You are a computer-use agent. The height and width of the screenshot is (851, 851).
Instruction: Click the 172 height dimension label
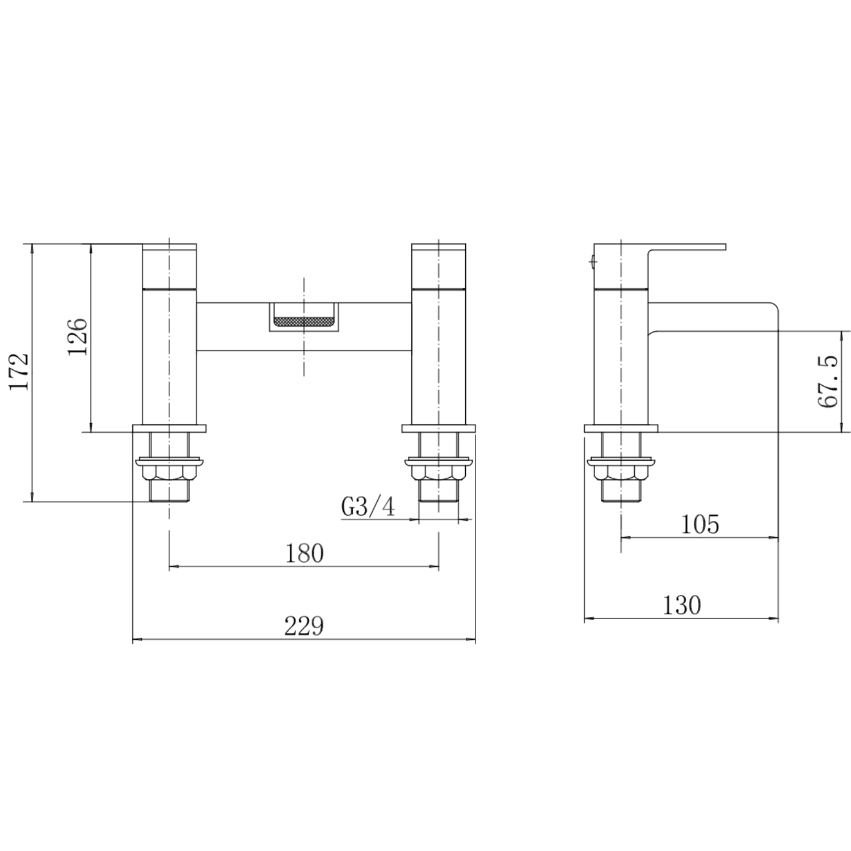(x=20, y=372)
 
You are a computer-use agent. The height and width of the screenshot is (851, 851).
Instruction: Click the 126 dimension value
(x=77, y=336)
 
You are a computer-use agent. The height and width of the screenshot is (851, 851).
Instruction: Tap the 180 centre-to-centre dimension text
(x=305, y=553)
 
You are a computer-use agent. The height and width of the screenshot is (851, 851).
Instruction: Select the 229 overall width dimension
(x=304, y=626)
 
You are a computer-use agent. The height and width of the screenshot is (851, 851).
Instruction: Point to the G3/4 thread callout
(x=368, y=507)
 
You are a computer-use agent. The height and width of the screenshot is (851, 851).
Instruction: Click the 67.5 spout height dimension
(x=828, y=381)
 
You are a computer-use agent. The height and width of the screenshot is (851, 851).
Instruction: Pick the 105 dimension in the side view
(x=700, y=524)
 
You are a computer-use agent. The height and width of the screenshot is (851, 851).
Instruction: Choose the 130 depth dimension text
(x=681, y=605)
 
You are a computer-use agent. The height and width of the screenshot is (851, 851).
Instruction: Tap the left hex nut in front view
(x=169, y=471)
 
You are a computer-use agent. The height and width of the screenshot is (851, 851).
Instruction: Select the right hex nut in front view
(x=439, y=471)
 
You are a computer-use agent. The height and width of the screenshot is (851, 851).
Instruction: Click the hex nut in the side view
(x=622, y=471)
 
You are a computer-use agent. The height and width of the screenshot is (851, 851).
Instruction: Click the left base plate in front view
(x=169, y=428)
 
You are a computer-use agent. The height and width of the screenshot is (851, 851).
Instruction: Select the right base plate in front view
(x=439, y=428)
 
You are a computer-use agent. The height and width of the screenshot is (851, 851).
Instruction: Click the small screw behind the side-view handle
(x=592, y=262)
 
